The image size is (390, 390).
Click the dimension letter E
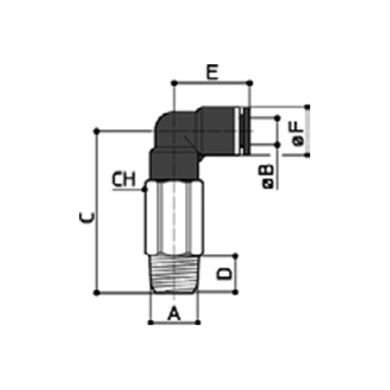(212, 71)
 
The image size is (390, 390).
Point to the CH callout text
(123, 180)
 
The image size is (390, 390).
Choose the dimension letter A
(174, 315)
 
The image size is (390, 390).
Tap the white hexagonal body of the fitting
(174, 218)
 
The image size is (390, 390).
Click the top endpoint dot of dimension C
(97, 131)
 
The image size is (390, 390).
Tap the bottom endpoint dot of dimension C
(97, 292)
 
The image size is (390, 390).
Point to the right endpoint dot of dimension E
(250, 83)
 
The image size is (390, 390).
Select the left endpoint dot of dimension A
(149, 322)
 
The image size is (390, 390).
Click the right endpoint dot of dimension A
(200, 322)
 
